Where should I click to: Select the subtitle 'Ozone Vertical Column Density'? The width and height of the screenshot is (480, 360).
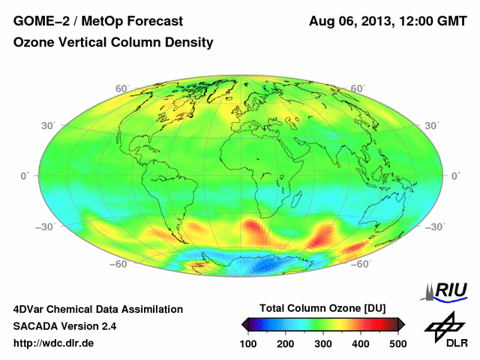(112, 43)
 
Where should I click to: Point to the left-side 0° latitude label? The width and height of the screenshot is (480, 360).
(23, 175)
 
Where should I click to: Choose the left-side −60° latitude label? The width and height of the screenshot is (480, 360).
(116, 264)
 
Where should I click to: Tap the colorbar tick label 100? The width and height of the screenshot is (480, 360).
(249, 343)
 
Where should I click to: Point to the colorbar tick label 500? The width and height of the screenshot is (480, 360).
(397, 343)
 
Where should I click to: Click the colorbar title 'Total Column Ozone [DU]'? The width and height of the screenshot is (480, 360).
(322, 308)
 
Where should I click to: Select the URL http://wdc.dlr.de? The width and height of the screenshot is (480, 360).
(54, 343)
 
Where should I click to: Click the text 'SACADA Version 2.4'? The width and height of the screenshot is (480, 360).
(64, 326)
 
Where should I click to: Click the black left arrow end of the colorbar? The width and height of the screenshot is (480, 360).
(245, 324)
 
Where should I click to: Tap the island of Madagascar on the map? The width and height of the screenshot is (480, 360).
(298, 199)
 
